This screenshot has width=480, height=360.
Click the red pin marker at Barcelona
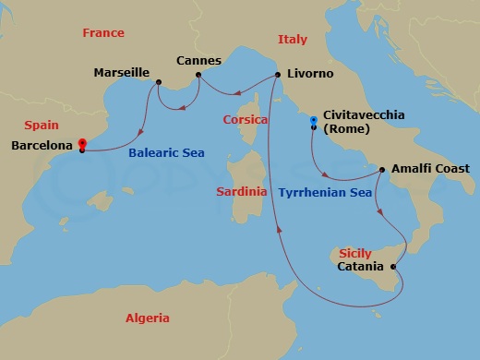[82, 143]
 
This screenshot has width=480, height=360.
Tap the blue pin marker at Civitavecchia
[314, 120]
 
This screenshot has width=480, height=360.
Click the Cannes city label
[198, 61]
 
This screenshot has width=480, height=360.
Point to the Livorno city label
[310, 73]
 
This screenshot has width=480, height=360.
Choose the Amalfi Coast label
[430, 169]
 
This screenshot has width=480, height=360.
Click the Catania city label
[361, 267]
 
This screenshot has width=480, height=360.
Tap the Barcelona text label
[42, 145]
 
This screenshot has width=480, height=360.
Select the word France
[102, 32]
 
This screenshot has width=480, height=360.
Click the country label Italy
[293, 40]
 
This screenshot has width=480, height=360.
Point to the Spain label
[42, 125]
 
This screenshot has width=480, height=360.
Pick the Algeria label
[148, 318]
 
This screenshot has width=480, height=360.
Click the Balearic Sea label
[166, 152]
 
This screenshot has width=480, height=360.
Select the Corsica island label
[246, 120]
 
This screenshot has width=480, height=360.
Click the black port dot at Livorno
[277, 75]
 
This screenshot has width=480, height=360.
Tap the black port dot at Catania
[395, 267]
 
